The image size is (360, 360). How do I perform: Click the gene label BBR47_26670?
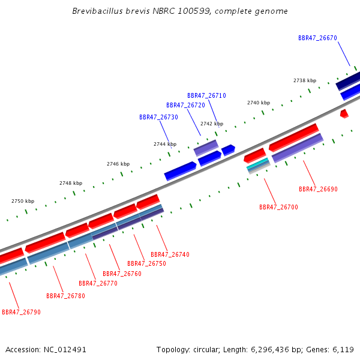(317, 38)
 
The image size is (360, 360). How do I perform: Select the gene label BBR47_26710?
(206, 95)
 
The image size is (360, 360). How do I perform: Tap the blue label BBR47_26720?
(185, 105)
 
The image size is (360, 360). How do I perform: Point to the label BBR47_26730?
(158, 117)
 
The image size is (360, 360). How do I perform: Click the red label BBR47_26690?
(318, 189)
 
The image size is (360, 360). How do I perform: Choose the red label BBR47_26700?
(278, 207)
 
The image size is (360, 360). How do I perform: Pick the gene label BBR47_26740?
(170, 254)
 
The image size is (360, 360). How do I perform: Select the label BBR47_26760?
(122, 274)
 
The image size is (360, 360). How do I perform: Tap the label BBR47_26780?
(65, 296)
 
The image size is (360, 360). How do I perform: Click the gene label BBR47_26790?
(21, 312)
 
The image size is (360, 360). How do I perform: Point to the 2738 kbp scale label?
(305, 80)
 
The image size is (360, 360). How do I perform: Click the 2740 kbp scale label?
(259, 103)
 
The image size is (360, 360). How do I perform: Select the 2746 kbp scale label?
(118, 164)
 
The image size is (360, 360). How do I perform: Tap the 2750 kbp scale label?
(23, 201)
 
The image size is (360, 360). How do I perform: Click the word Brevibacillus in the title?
(98, 11)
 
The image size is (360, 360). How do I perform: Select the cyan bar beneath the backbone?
(257, 163)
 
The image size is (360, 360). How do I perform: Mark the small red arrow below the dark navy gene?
(344, 113)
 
